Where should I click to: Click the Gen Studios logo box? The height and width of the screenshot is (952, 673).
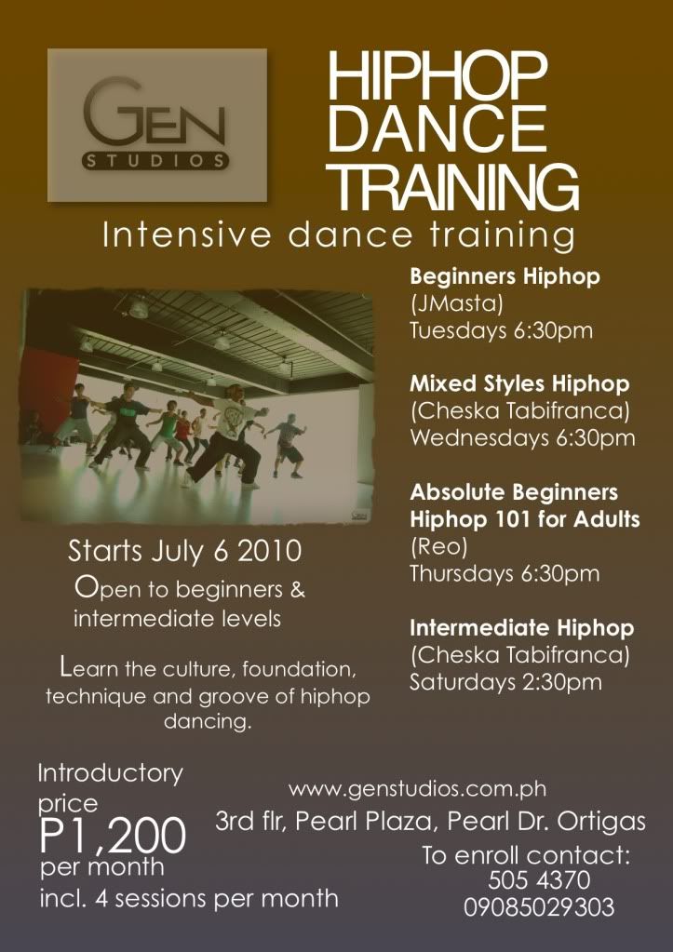(156, 125)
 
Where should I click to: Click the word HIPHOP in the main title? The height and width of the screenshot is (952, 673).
(437, 76)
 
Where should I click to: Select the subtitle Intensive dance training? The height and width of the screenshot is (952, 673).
(338, 235)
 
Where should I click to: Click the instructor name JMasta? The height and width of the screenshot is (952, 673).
(456, 303)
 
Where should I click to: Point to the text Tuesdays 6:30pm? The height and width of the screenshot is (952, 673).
(501, 331)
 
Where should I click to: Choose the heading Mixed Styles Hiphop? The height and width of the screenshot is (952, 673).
(519, 383)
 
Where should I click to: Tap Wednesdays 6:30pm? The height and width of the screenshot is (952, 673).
(522, 437)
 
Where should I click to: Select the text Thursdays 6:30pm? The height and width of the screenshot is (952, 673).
(505, 574)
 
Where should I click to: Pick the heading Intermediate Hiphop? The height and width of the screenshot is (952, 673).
(522, 628)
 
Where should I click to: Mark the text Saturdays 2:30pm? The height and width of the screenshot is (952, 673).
(505, 682)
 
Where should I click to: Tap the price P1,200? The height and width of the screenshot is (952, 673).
(113, 837)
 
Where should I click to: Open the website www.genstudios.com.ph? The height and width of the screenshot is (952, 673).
(417, 789)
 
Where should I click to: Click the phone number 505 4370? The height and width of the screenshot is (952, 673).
(539, 880)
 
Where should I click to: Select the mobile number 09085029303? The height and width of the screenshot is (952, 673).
(539, 907)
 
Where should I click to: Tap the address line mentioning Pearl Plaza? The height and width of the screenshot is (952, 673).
(430, 822)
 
